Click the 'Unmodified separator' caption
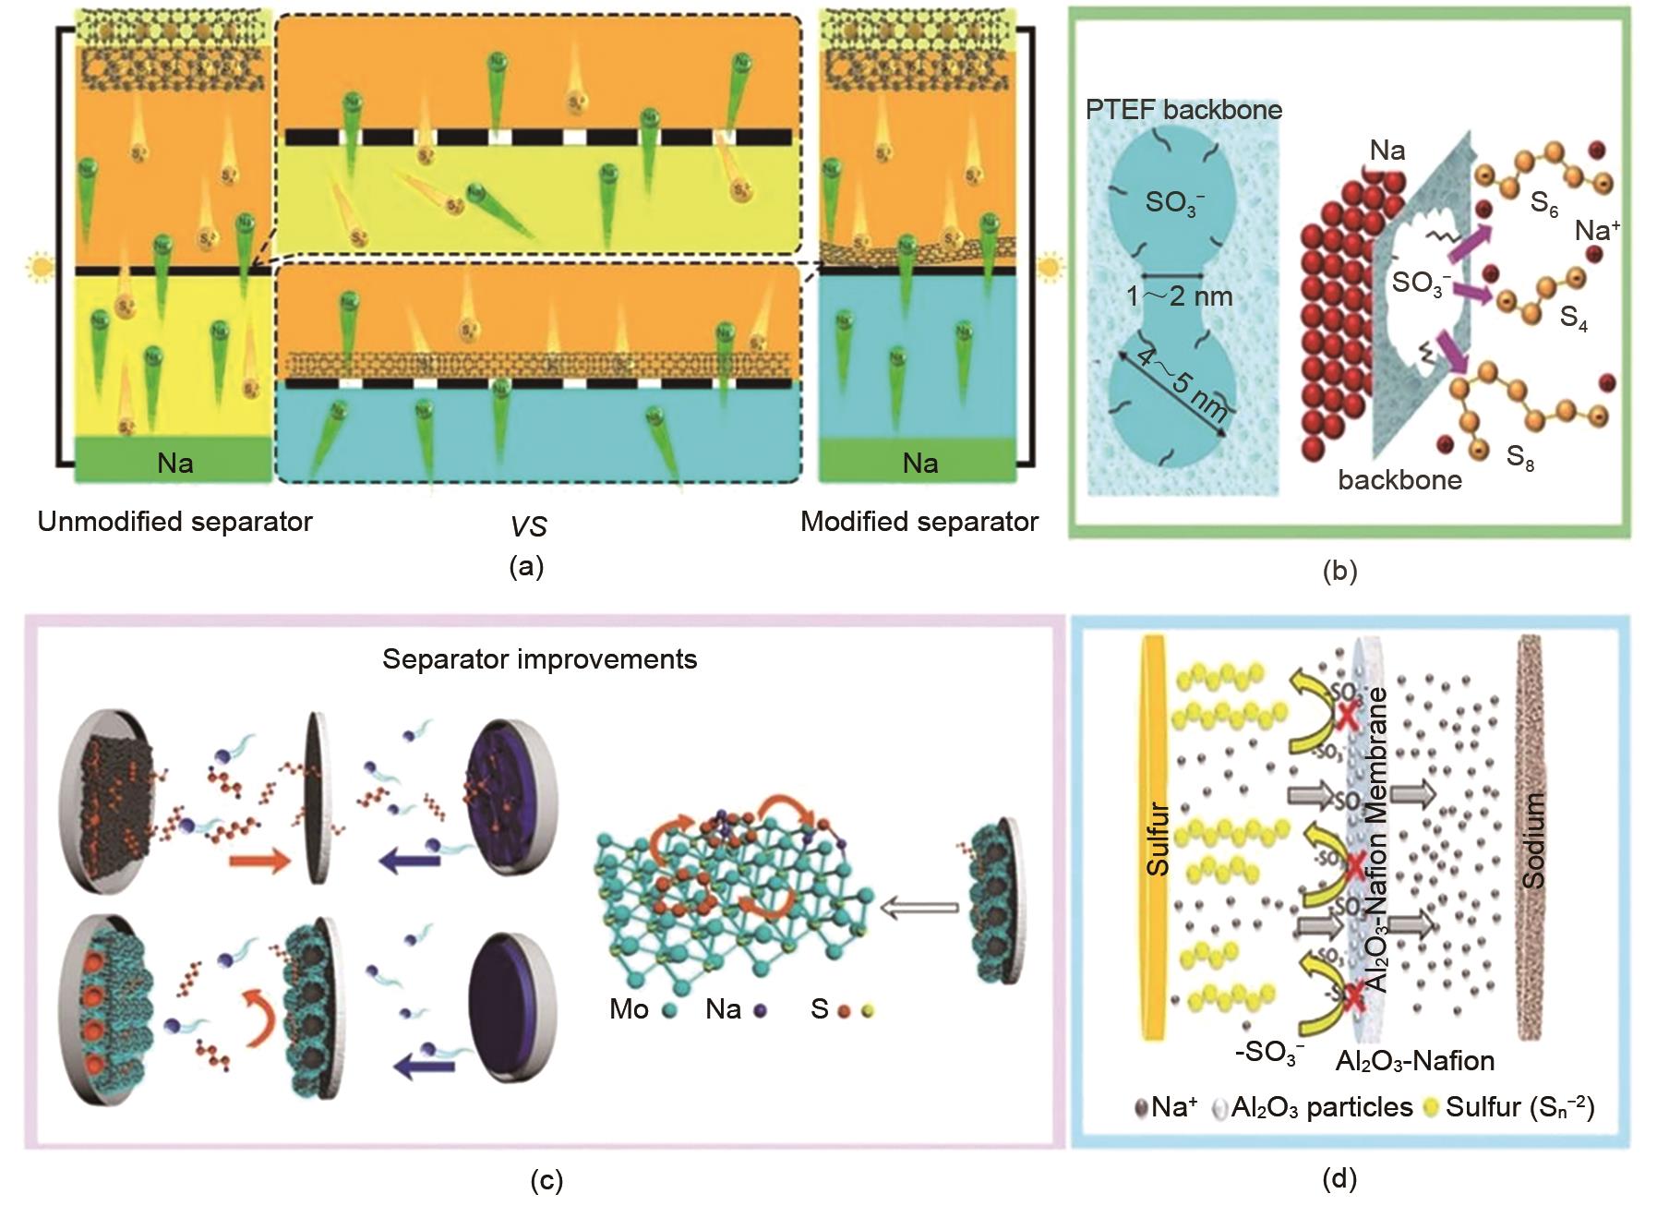point(175,522)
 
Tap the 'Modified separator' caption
point(919,522)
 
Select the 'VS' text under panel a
point(528,526)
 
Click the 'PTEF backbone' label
point(1183,110)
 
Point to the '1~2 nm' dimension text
point(1179,296)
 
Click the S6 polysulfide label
point(1543,204)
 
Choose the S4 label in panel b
point(1573,319)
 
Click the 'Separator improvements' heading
point(539,659)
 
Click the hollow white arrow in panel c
point(919,909)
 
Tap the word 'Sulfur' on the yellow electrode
point(1157,838)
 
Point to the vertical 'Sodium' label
point(1533,839)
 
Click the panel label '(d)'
point(1339,1178)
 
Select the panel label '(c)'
point(546,1180)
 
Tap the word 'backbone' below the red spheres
point(1399,480)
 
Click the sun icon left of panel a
point(40,269)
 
